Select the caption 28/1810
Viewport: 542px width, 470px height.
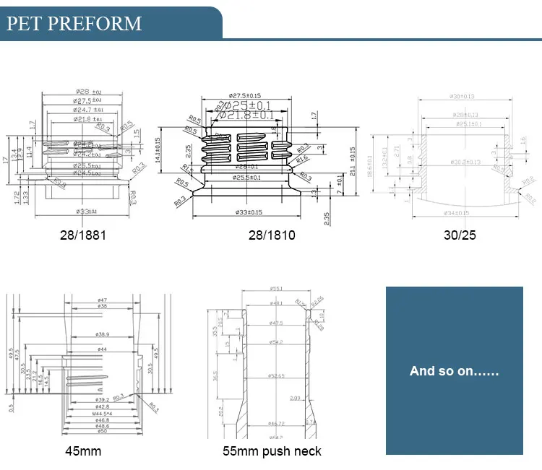click(x=271, y=235)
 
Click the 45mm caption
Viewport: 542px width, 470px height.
click(x=84, y=453)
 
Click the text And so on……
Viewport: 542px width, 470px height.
click(x=454, y=371)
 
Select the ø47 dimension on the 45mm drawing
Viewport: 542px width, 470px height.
click(x=102, y=299)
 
